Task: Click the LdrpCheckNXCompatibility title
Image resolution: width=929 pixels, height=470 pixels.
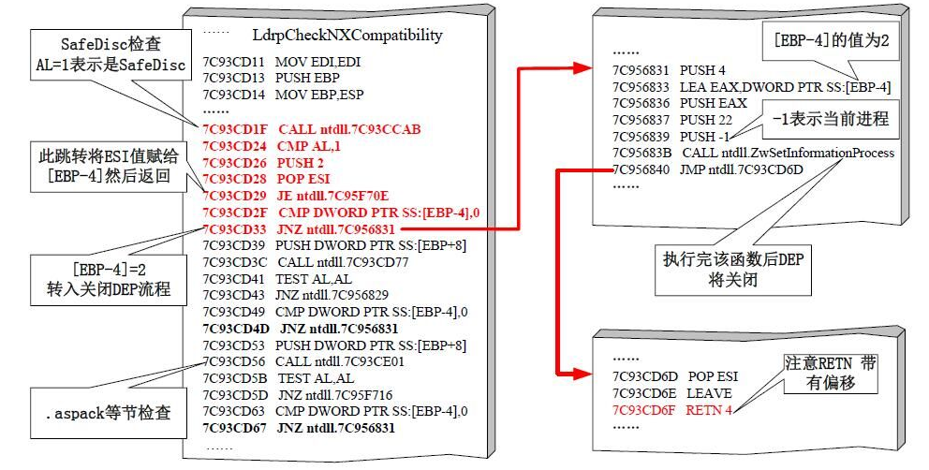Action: (x=347, y=36)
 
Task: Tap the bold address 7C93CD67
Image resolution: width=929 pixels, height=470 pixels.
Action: (x=234, y=429)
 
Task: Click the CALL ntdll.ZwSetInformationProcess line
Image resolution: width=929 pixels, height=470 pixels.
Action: (x=788, y=153)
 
